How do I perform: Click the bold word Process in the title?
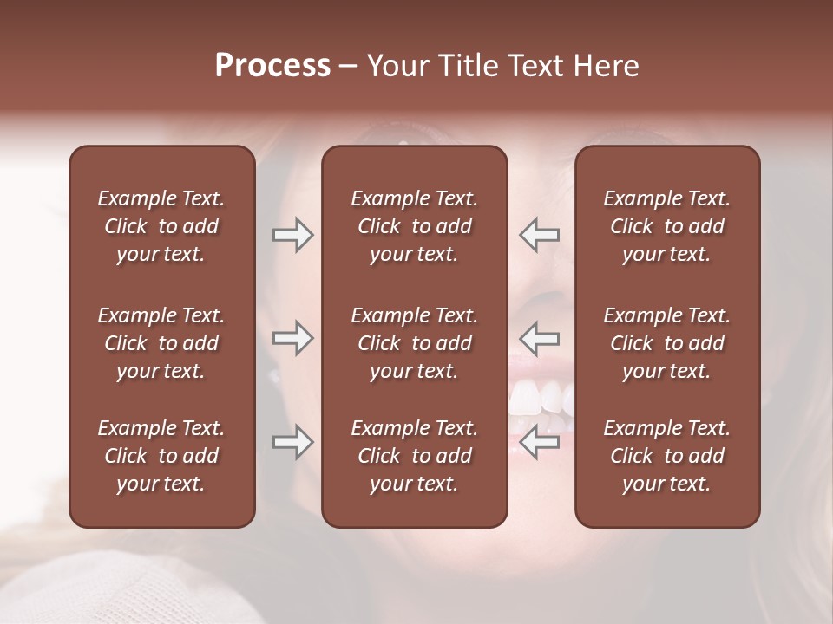pyautogui.click(x=272, y=66)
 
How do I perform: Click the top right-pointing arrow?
pyautogui.click(x=292, y=235)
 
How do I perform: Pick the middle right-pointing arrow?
pyautogui.click(x=292, y=337)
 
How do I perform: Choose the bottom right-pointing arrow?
pyautogui.click(x=292, y=442)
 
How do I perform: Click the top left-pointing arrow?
pyautogui.click(x=539, y=235)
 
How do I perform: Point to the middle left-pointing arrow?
pyautogui.click(x=539, y=337)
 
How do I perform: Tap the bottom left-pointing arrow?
pyautogui.click(x=539, y=442)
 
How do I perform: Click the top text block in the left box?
pyautogui.click(x=161, y=226)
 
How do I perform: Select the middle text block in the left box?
pyautogui.click(x=161, y=343)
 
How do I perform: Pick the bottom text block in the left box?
pyautogui.click(x=161, y=456)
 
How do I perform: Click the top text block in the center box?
pyautogui.click(x=415, y=226)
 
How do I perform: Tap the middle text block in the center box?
pyautogui.click(x=415, y=343)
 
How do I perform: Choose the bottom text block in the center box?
pyautogui.click(x=415, y=456)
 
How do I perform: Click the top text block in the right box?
pyautogui.click(x=667, y=226)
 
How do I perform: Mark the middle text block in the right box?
pyautogui.click(x=667, y=343)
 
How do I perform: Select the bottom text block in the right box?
pyautogui.click(x=667, y=456)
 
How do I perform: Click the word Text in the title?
pyautogui.click(x=533, y=66)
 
